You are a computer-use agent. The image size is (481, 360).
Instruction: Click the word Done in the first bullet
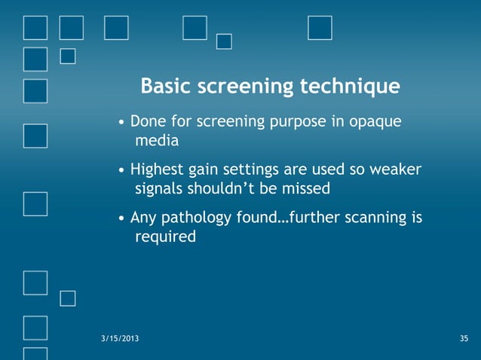coord(146,122)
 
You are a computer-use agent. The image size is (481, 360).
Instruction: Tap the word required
coord(165,237)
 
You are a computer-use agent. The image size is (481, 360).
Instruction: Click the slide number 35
coord(464,340)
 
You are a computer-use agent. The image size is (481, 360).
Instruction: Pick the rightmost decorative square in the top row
coord(320,27)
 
